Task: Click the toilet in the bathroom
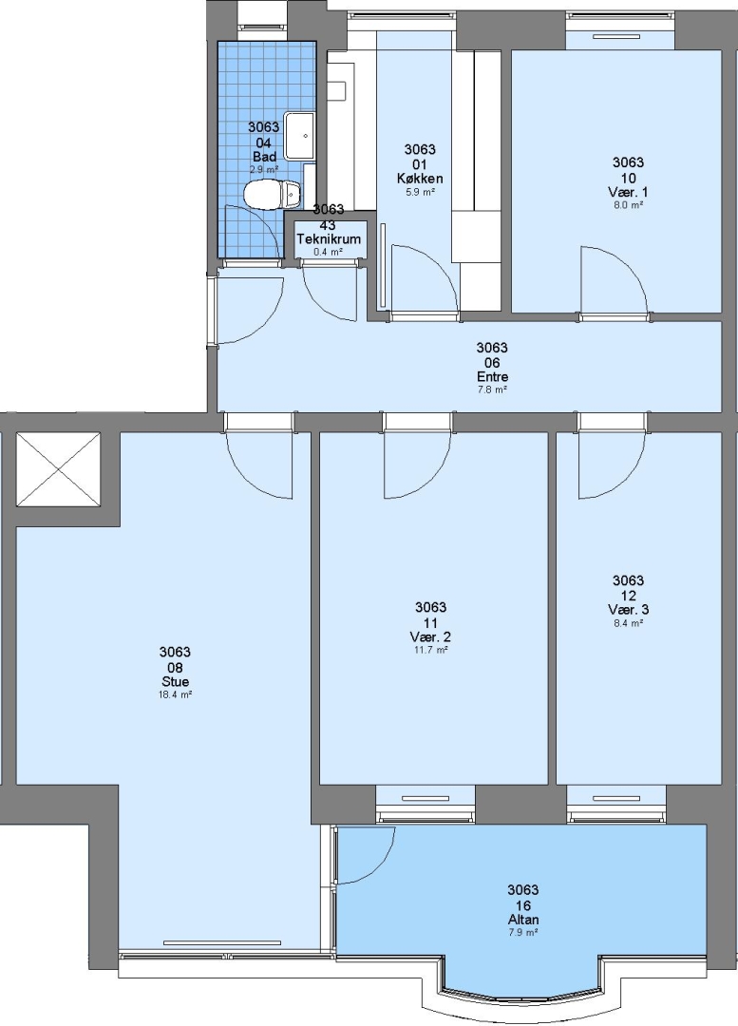click(x=272, y=195)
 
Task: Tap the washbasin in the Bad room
click(x=302, y=136)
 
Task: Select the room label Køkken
click(x=420, y=179)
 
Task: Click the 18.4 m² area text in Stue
click(x=175, y=695)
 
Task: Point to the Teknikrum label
click(x=329, y=239)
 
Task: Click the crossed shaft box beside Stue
click(x=58, y=470)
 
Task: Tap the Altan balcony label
click(x=523, y=920)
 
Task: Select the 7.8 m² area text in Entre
click(x=493, y=389)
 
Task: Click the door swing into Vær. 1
click(x=614, y=280)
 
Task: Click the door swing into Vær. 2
click(x=417, y=465)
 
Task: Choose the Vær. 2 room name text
click(x=431, y=637)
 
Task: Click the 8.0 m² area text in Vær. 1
click(x=628, y=205)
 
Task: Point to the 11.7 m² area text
click(x=431, y=650)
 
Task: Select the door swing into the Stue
click(x=259, y=465)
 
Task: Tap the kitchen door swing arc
click(x=424, y=277)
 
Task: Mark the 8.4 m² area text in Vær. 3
click(x=628, y=623)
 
